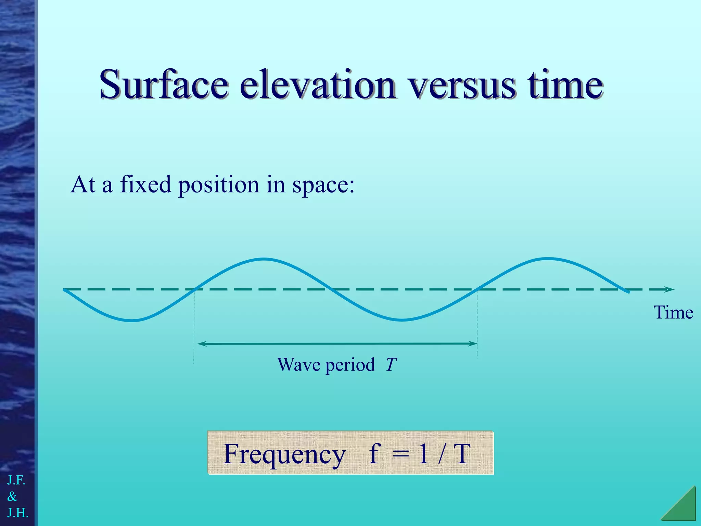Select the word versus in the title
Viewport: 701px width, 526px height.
tap(462, 85)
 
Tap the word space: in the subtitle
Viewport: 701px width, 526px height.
tap(323, 185)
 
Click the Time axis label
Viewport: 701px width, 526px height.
tap(673, 312)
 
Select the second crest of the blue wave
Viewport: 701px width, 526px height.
tap(548, 259)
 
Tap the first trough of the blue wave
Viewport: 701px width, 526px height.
tap(133, 321)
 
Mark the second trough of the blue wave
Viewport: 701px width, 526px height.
tap(403, 320)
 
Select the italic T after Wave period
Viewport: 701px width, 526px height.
tap(391, 365)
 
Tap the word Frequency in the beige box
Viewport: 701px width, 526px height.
tap(284, 454)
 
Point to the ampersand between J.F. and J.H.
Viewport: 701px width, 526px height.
tap(12, 496)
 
